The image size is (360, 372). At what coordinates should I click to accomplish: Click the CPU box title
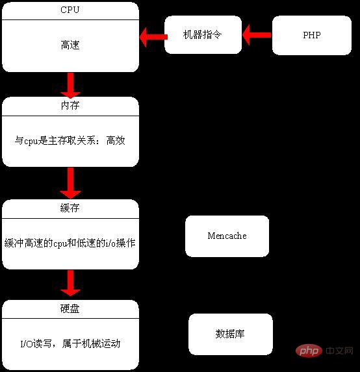(x=70, y=10)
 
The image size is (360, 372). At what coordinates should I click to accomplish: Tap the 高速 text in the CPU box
(x=70, y=45)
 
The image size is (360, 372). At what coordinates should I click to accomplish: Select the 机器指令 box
(x=203, y=34)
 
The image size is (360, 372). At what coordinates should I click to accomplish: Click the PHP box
(x=311, y=35)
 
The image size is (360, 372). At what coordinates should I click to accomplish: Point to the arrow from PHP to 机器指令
(x=257, y=35)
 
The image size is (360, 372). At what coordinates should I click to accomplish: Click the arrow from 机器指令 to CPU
(x=153, y=37)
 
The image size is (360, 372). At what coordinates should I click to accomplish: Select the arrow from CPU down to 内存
(x=71, y=86)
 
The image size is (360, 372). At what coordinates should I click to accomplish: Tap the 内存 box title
(x=70, y=106)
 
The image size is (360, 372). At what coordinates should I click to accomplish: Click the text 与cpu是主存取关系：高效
(x=70, y=140)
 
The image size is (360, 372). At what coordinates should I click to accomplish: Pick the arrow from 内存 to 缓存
(x=71, y=183)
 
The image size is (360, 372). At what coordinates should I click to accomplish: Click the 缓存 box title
(x=70, y=208)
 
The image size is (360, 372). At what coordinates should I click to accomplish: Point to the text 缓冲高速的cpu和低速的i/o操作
(x=70, y=243)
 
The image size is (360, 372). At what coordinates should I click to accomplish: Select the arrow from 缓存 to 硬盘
(x=71, y=283)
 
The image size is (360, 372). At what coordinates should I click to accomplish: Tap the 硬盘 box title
(x=70, y=308)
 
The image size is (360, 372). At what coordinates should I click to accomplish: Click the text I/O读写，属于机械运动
(x=70, y=343)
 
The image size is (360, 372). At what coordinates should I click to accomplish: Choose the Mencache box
(x=227, y=236)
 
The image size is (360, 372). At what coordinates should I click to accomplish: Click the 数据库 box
(x=230, y=334)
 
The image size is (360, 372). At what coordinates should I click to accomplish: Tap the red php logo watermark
(x=309, y=351)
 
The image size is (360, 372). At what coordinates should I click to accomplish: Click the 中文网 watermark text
(x=339, y=351)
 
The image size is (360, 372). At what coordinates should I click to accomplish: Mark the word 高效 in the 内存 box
(x=116, y=140)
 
